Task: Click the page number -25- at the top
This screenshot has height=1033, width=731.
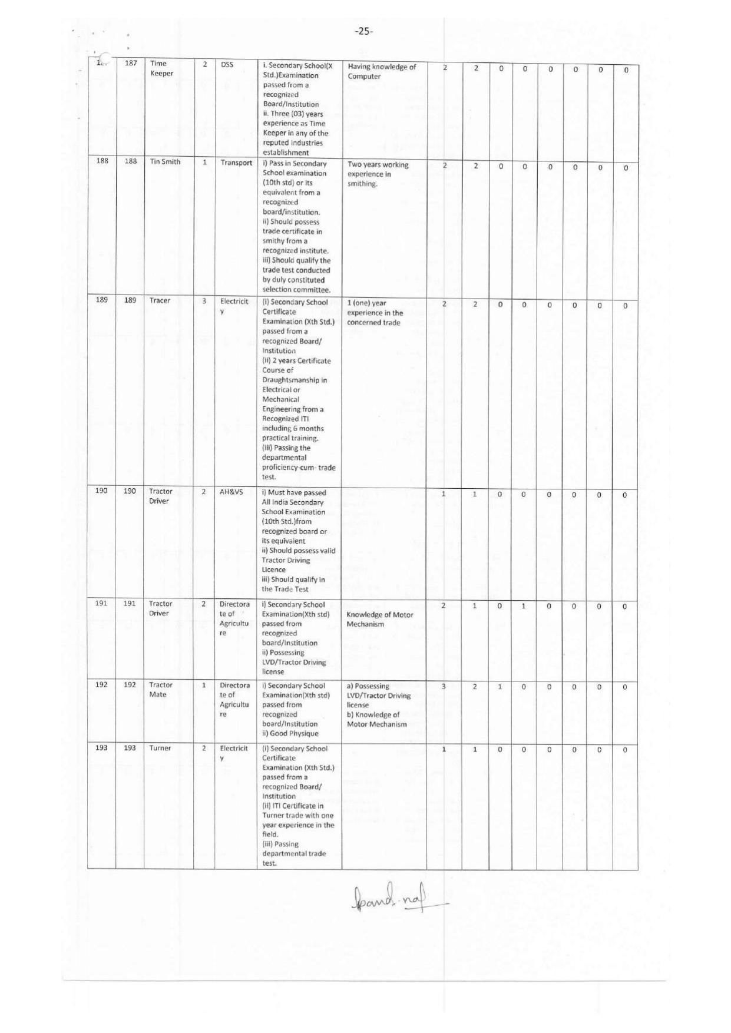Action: coord(364,31)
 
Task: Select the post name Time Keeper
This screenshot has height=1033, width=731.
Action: coord(161,68)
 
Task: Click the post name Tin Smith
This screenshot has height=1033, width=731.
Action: coord(165,162)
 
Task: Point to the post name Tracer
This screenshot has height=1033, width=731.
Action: coord(160,300)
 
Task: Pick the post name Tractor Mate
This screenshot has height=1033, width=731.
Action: coord(160,690)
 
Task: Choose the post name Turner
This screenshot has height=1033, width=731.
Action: coord(160,748)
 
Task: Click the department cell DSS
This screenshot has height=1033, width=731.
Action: coord(227,65)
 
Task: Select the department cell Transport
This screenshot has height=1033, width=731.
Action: coord(236,163)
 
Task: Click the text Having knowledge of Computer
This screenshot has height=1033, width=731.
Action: coord(381,71)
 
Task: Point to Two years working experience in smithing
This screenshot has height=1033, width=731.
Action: coord(378,174)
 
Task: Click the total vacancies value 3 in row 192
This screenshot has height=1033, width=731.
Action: coord(444,686)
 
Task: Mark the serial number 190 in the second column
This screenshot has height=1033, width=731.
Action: coord(130,491)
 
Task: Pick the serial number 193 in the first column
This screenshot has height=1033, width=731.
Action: coord(101,748)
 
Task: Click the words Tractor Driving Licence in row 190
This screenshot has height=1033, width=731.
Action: coord(286,565)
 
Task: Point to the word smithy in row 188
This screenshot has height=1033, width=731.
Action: coord(273,241)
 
